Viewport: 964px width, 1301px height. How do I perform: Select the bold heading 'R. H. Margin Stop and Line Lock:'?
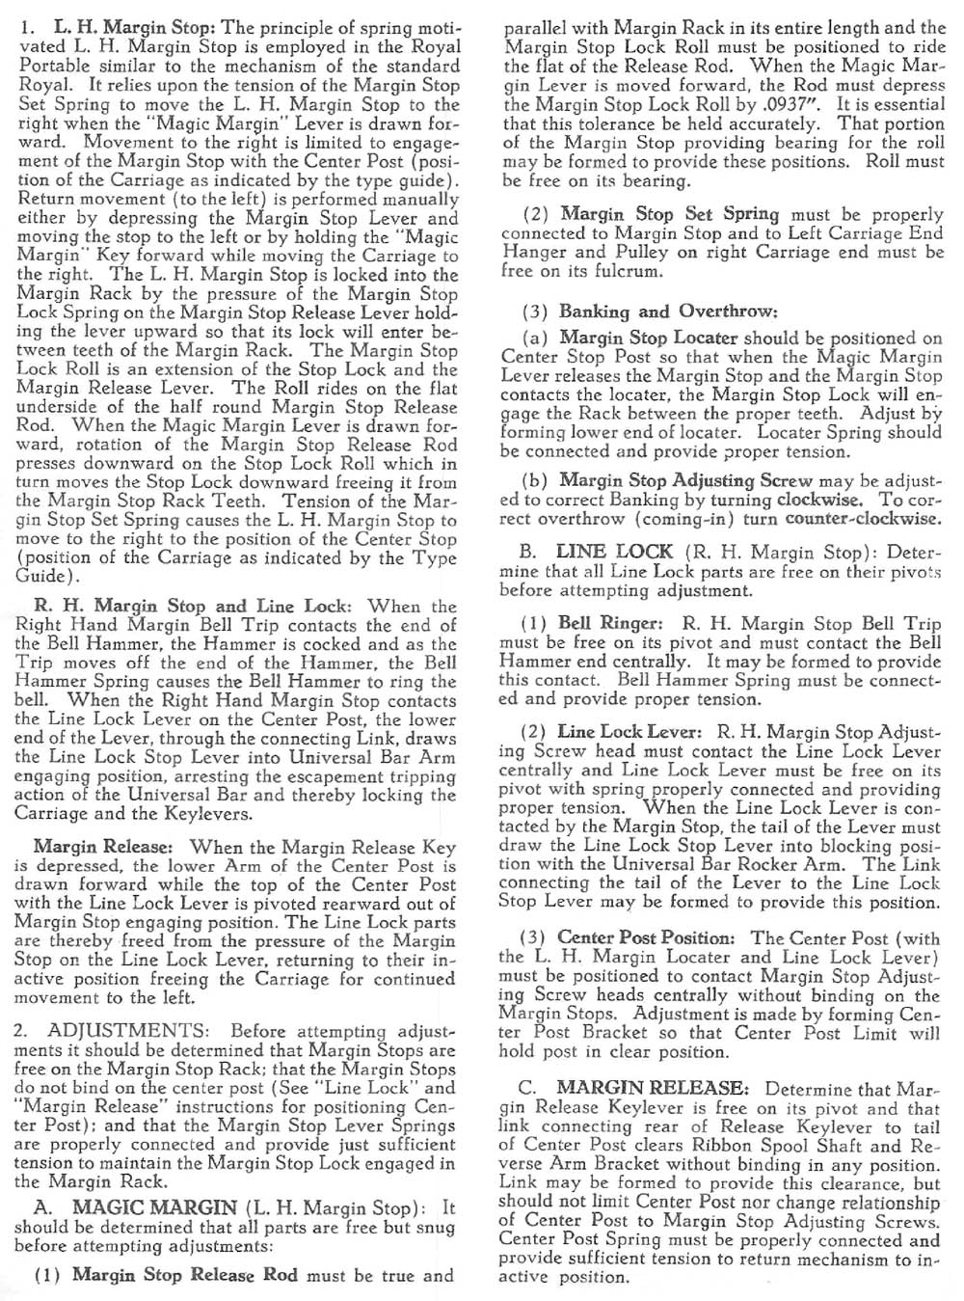(193, 607)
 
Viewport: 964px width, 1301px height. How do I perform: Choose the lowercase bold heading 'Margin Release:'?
(106, 848)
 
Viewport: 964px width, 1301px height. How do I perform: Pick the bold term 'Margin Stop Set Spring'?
(670, 214)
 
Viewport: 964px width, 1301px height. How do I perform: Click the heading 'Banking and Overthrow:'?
(668, 312)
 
